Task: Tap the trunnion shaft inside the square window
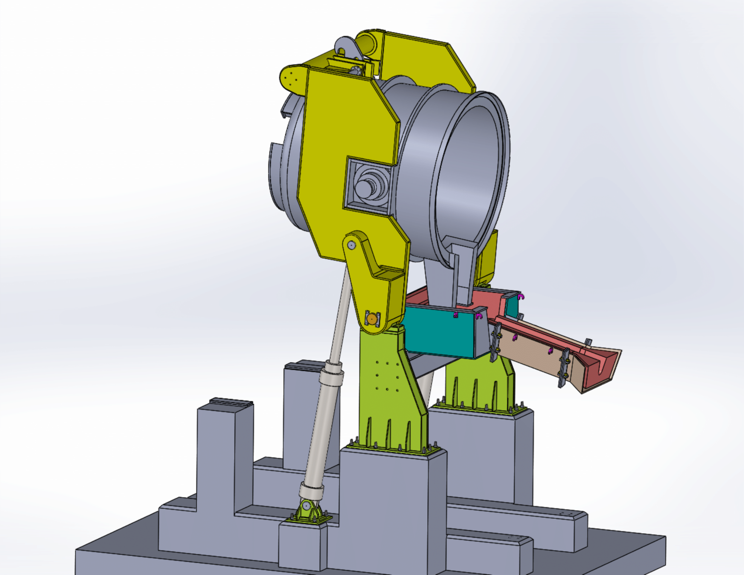click(x=364, y=188)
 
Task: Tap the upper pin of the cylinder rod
click(x=351, y=244)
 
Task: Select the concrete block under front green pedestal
click(x=392, y=504)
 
